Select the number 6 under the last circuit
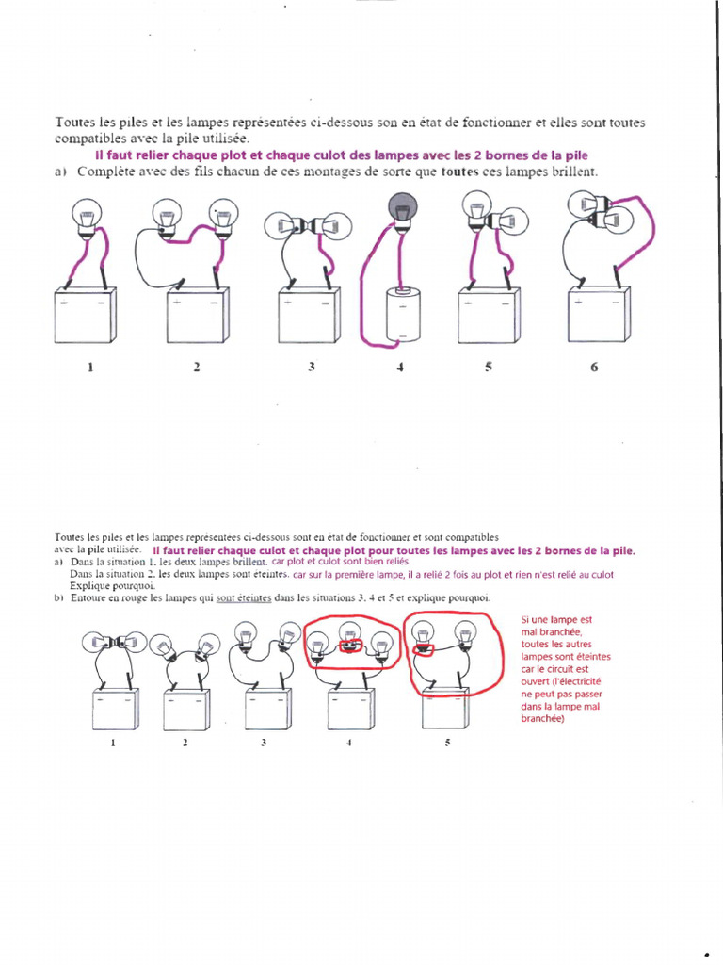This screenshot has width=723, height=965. (594, 368)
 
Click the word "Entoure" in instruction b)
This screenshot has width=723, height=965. (90, 598)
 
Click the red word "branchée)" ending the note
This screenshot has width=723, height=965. (542, 718)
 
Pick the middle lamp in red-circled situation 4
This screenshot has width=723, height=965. (350, 641)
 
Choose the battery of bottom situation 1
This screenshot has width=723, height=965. (116, 710)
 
